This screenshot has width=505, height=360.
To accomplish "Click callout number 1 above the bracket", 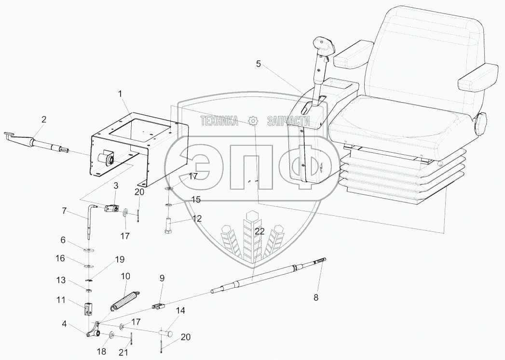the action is (x=120, y=94).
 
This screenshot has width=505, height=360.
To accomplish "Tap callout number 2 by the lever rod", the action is (x=44, y=120).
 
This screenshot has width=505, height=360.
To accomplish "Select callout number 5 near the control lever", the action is (x=259, y=64).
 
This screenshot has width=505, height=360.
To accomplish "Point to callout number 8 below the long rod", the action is (x=316, y=297).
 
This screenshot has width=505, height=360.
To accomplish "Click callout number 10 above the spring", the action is (x=125, y=276).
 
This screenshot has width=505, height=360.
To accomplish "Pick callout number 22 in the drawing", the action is (x=259, y=231).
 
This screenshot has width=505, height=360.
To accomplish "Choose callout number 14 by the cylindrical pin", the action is (x=181, y=311).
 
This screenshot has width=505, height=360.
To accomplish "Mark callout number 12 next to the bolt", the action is (x=197, y=219).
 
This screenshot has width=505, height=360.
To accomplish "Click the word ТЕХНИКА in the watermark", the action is (x=219, y=121).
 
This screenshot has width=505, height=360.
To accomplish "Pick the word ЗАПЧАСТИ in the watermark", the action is (x=288, y=121).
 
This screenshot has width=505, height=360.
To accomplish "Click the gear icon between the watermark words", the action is (x=254, y=120).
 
